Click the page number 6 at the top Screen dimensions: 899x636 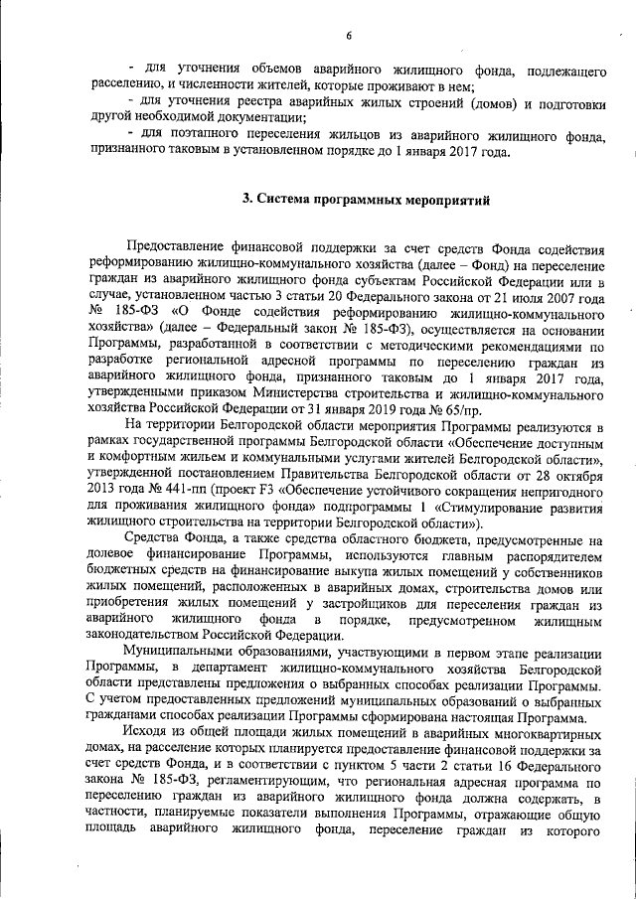tap(350, 37)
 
